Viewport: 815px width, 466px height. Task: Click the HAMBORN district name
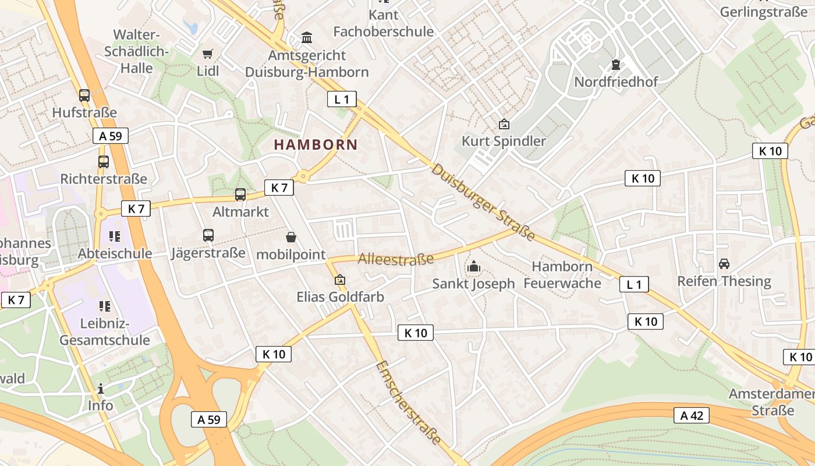point(316,144)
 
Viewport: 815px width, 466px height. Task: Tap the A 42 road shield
point(692,415)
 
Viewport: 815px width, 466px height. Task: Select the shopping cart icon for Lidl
point(208,54)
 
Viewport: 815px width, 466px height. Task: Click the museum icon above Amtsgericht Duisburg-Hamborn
point(307,38)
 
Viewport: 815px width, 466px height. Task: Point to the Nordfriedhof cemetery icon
point(616,65)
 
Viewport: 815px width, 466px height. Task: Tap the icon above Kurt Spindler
point(504,124)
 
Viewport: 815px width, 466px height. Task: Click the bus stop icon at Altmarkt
point(240,195)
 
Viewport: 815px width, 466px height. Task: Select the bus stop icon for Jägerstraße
point(208,235)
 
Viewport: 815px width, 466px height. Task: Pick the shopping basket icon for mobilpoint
point(291,237)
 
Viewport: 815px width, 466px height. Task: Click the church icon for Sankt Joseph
point(473,267)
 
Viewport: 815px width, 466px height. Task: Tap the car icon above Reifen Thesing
point(724,264)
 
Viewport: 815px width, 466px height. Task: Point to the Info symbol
point(101,389)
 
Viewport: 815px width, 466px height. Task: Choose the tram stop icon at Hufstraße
point(84,96)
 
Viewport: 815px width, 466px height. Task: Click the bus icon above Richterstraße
point(104,162)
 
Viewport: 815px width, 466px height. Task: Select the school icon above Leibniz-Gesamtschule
point(105,306)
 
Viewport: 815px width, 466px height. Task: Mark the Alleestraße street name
point(396,259)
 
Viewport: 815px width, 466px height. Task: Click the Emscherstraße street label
point(408,402)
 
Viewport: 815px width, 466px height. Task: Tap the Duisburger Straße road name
point(483,202)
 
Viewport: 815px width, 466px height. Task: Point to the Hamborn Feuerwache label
point(562,275)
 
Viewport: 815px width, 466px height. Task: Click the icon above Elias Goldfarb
point(340,280)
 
